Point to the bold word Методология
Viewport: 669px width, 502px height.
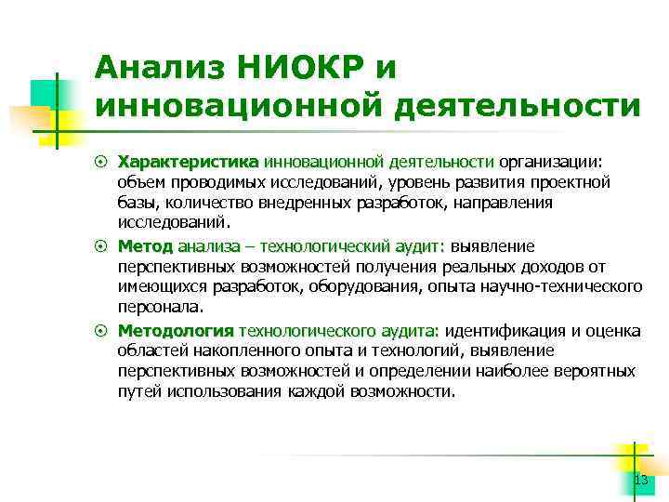coord(176,330)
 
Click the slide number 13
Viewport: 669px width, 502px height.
coord(639,480)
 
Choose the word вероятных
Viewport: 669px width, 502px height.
coord(594,372)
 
